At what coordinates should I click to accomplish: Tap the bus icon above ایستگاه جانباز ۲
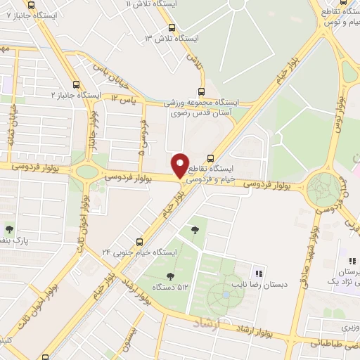click(x=75, y=84)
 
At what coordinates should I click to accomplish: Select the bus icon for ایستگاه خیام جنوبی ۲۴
click(x=139, y=241)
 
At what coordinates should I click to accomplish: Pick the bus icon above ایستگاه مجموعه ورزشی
click(x=202, y=91)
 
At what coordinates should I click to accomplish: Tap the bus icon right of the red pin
click(x=211, y=157)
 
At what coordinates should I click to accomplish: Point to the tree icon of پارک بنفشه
click(x=9, y=229)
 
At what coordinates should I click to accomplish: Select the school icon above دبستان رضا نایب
click(x=259, y=274)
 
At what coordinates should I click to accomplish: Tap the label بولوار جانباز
click(x=91, y=134)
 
